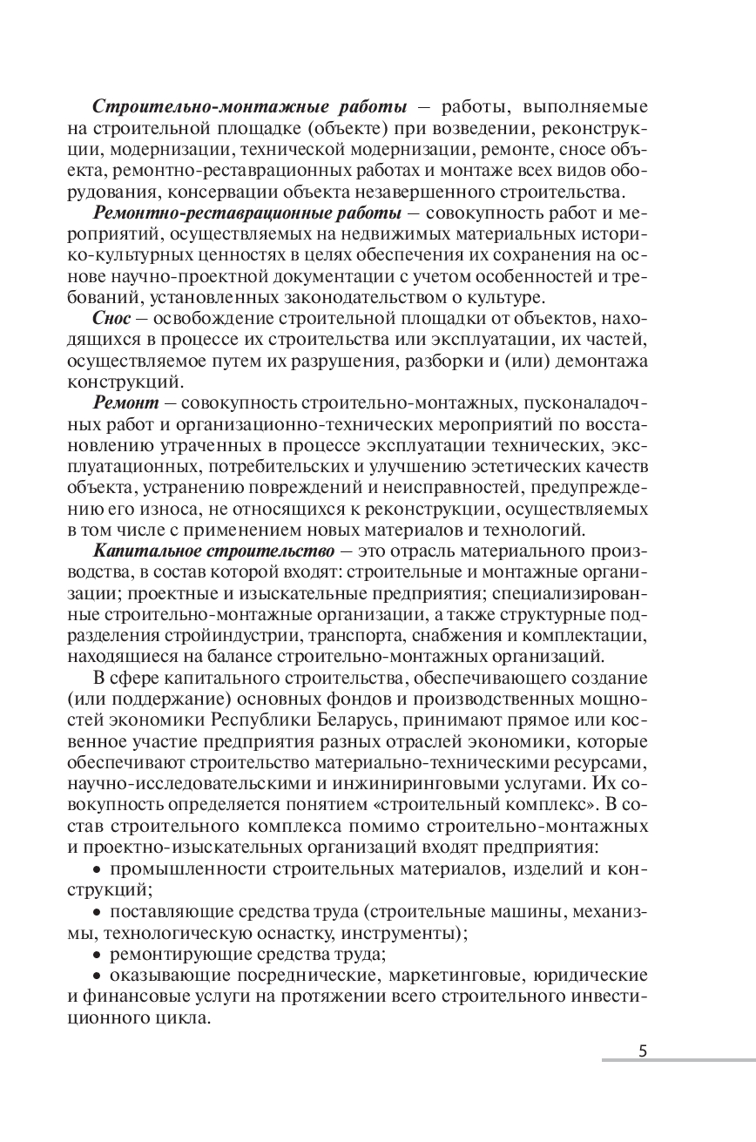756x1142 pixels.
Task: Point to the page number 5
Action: (643, 1050)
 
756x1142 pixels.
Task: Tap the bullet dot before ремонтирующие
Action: (97, 953)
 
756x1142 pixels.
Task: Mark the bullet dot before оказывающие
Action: (97, 974)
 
